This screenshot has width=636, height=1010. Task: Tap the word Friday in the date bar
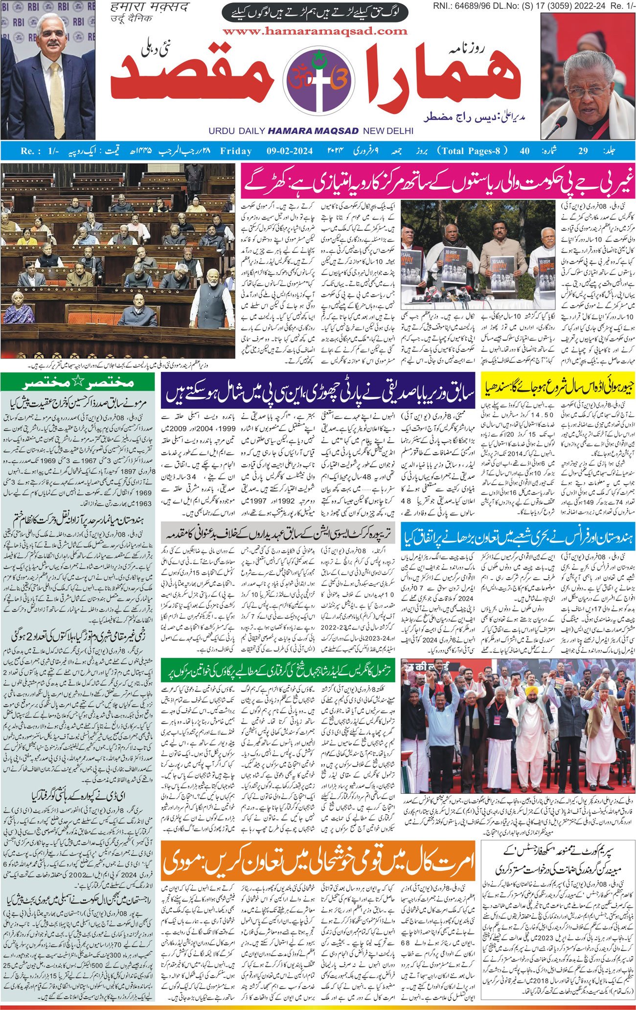236,151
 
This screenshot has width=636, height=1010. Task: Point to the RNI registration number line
533,6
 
